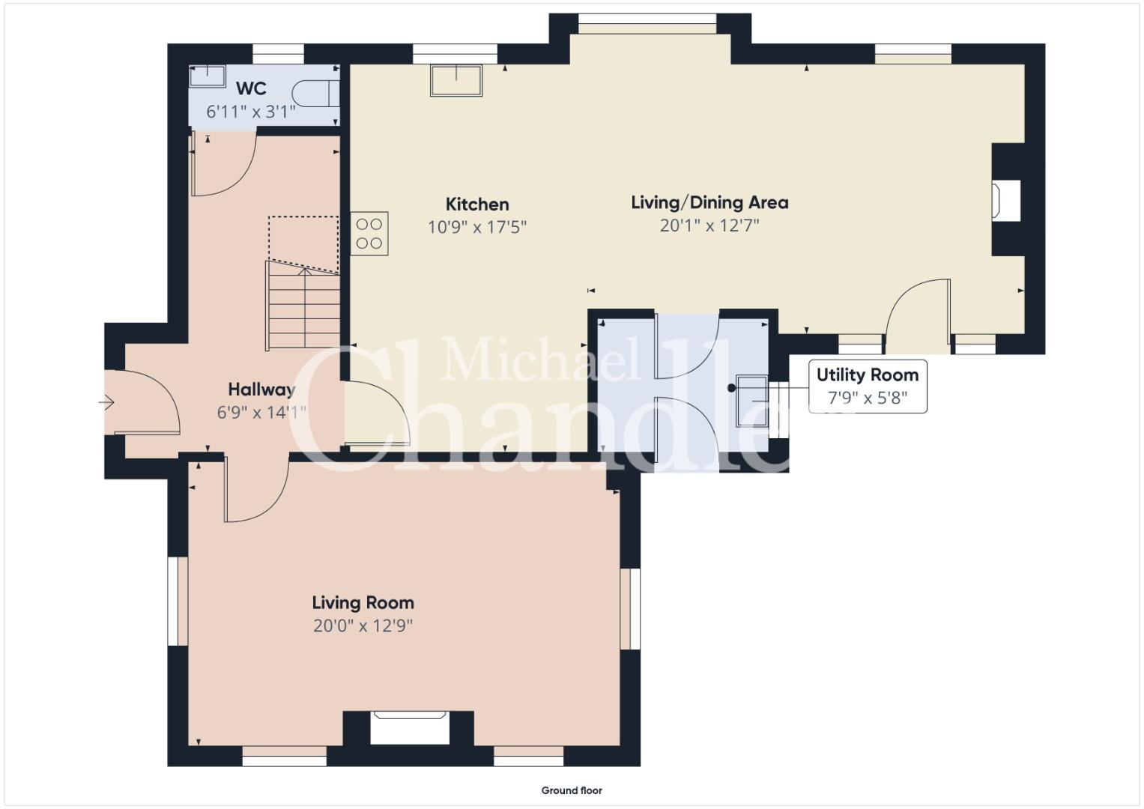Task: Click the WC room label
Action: (251, 88)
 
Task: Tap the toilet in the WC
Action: (315, 93)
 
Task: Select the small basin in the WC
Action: (208, 76)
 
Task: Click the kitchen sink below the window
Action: (456, 80)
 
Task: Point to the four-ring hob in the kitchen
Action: (369, 234)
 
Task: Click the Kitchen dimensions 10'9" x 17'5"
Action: (477, 226)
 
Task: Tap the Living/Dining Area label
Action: (710, 203)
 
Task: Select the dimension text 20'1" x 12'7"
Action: (710, 225)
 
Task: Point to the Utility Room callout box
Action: (868, 386)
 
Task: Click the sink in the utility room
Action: (751, 401)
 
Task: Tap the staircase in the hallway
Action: (303, 306)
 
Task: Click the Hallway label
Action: (261, 390)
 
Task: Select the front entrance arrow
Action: (106, 402)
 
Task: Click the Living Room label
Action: (363, 603)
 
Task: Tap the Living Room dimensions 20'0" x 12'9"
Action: (363, 625)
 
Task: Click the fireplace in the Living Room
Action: (409, 727)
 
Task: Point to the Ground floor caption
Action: (572, 790)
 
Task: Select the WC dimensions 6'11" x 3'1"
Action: (251, 112)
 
